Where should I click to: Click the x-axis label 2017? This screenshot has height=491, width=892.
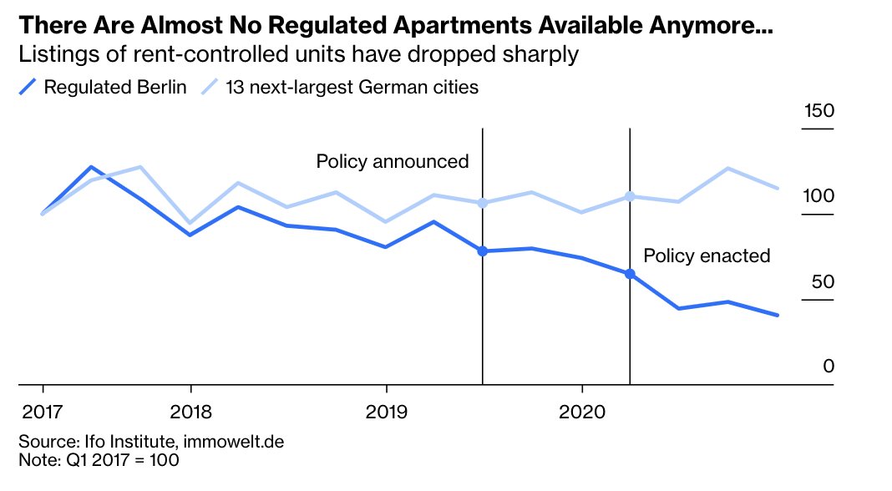coord(42,412)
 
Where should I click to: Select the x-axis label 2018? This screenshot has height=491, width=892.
coord(191,412)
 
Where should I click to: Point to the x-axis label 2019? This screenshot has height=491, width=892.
coord(386,412)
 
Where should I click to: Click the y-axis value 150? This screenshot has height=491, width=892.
coord(819,112)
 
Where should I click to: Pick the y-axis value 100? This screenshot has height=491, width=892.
coord(819,196)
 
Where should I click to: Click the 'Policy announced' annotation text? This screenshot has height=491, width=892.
coord(393,161)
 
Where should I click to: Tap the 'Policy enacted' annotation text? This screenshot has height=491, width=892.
coord(707,256)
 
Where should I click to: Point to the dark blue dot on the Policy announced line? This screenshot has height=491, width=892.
coord(483,251)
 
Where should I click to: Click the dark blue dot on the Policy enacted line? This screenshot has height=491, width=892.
coord(630,274)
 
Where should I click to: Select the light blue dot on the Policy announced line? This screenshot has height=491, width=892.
coord(483,203)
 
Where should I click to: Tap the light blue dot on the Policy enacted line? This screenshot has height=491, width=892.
coord(630,196)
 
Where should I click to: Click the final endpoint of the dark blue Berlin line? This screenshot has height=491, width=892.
coord(778,315)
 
